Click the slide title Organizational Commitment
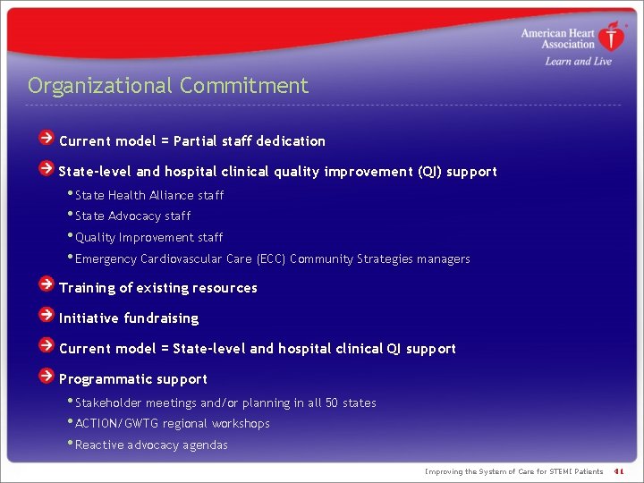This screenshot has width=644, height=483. click(x=168, y=86)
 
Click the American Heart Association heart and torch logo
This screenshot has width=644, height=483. click(x=612, y=38)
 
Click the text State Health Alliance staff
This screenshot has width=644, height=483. click(x=149, y=195)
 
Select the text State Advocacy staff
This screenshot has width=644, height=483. click(x=132, y=216)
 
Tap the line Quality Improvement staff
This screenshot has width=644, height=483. click(x=148, y=237)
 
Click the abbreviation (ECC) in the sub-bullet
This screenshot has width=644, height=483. click(x=271, y=258)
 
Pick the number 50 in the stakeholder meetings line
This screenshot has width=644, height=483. click(x=331, y=403)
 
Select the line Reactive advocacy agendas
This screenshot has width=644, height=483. click(x=151, y=445)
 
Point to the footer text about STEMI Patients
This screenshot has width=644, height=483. click(x=513, y=471)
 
